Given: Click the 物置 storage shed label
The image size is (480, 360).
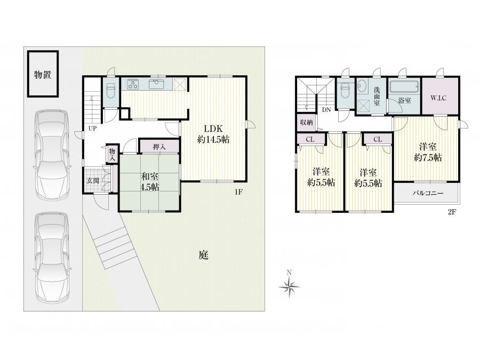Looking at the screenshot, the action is tap(43, 74).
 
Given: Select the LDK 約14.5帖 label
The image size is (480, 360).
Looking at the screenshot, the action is tap(213, 134).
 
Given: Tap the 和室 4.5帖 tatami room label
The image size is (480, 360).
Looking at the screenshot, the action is tap(149, 182).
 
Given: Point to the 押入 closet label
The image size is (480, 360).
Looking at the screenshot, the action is tap(159, 147).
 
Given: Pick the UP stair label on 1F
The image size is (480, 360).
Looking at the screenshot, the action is tap(92, 129).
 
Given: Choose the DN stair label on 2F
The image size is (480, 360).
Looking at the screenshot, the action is tap(326, 109).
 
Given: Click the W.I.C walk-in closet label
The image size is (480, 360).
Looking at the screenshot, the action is tap(438, 98).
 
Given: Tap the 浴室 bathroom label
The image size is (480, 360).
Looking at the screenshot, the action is tap(404, 100).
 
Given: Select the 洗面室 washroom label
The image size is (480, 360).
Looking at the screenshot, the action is tap(377, 97).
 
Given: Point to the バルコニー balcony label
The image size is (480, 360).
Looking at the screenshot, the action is tap(428, 193).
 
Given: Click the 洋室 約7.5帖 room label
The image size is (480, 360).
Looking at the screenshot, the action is tap(428, 152).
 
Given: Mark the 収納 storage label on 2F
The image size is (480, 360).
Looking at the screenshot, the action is tap(307, 123).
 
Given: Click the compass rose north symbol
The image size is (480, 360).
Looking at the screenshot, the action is tap(289, 285).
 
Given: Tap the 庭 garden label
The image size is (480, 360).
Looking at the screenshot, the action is tap(204, 255).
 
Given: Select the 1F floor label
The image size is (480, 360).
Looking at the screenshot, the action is tap(238, 192).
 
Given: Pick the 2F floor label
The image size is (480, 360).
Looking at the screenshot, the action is tap(452, 212).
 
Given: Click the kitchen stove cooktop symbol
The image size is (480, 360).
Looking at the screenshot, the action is tap(133, 84).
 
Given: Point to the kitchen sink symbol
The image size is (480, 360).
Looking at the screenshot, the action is tap(157, 84).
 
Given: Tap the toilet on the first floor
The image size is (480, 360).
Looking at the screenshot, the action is tap(110, 91).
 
